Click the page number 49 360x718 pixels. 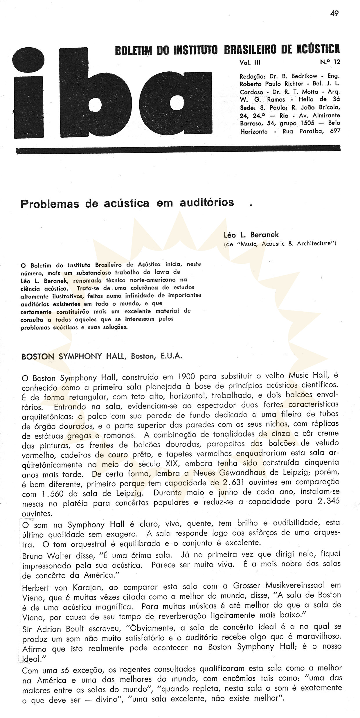pos(334,14)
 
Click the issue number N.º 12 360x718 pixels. pos(330,62)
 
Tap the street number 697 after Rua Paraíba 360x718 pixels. pos(335,131)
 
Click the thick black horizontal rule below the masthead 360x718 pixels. pos(178,150)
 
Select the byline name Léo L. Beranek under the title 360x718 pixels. pos(251,235)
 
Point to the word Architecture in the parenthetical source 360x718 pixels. pos(316,243)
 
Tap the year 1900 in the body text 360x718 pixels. pos(178,378)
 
